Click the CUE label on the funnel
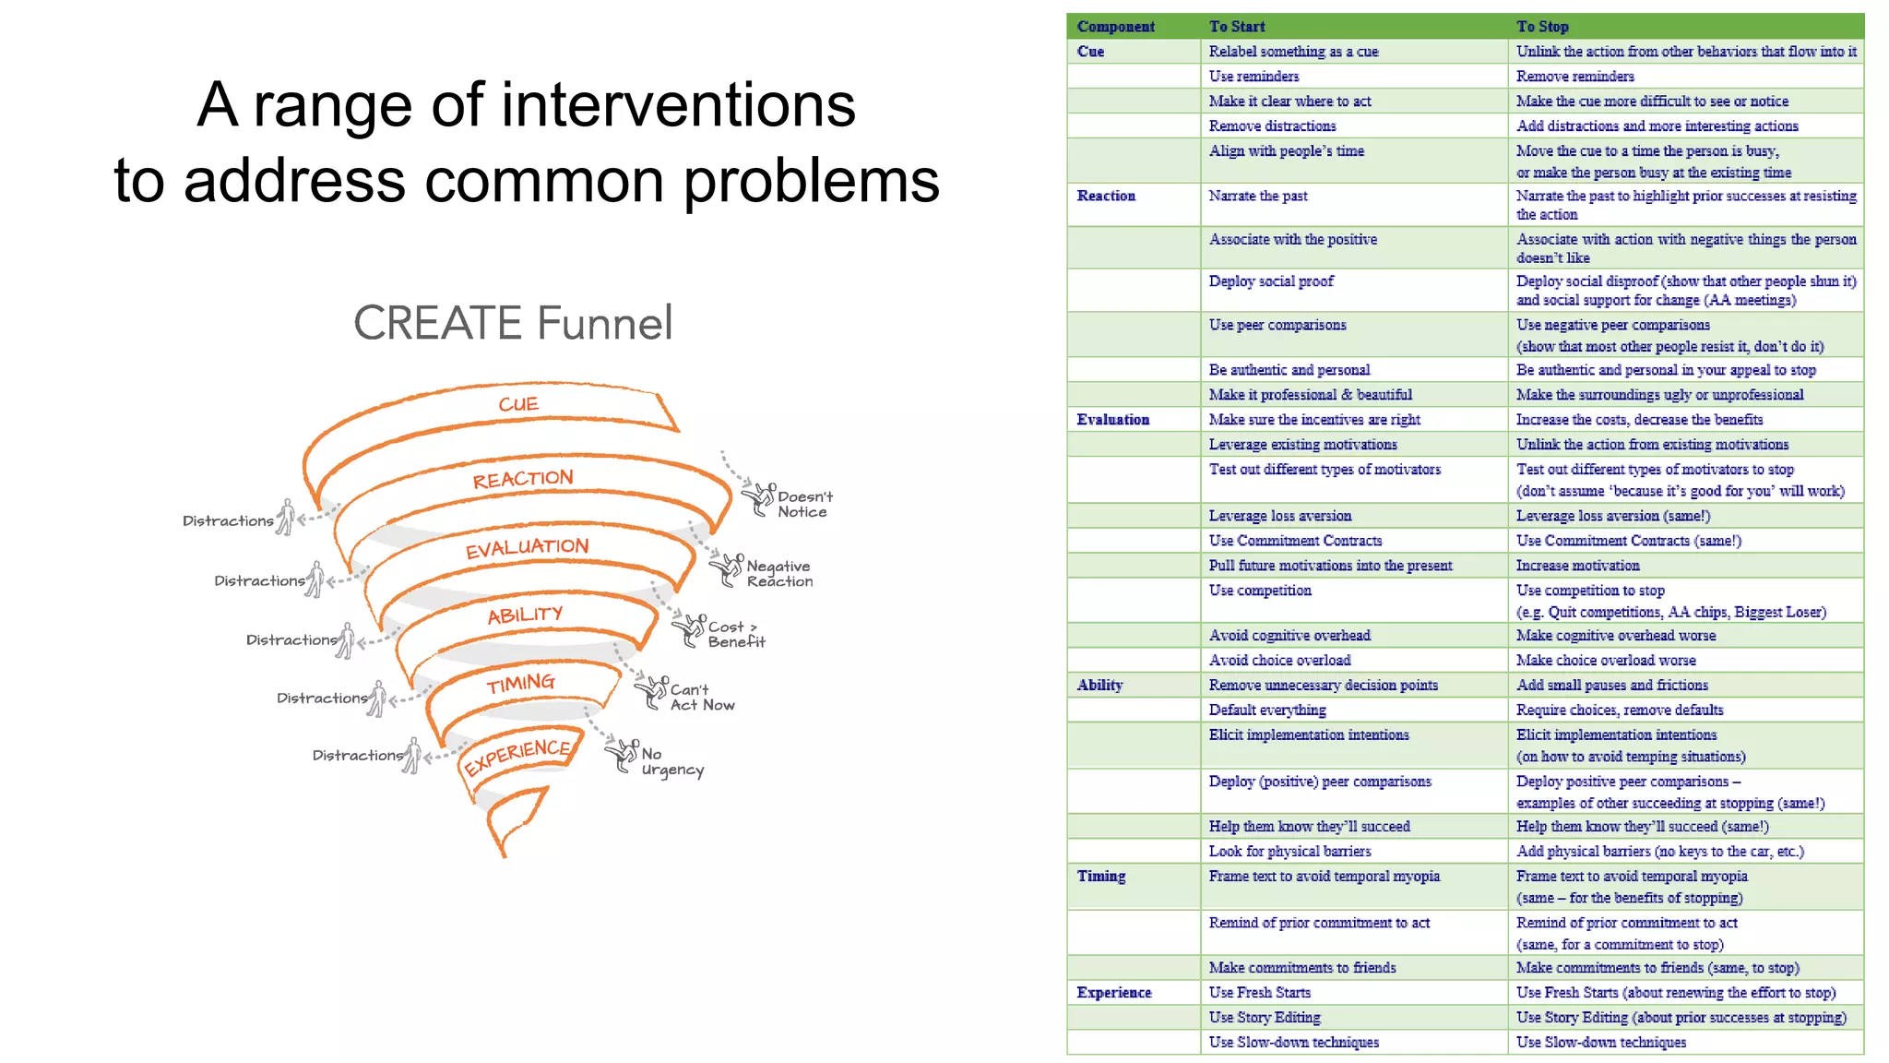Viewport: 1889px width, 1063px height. tap(518, 404)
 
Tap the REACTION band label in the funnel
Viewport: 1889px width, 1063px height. tap(523, 479)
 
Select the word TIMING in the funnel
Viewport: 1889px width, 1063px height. tap(521, 683)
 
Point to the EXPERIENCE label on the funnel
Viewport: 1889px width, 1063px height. tap(517, 756)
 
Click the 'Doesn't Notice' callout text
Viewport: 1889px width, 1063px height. tap(803, 504)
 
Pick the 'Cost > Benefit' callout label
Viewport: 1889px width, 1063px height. tap(735, 634)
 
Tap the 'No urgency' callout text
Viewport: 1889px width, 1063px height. tap(671, 761)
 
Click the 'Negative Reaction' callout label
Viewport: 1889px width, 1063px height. tap(778, 573)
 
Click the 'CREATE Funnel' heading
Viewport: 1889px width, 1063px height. tap(513, 323)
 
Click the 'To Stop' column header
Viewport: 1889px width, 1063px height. tap(1542, 27)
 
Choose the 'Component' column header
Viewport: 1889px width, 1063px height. tap(1115, 27)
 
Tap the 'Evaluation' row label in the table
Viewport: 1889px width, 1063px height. tap(1112, 420)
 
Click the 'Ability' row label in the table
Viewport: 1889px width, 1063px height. tap(1099, 685)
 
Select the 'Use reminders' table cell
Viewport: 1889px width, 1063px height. tap(1253, 77)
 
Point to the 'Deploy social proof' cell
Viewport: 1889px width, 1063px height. tap(1271, 281)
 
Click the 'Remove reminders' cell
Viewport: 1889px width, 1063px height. tap(1574, 77)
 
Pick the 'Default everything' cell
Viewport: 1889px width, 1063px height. tap(1267, 710)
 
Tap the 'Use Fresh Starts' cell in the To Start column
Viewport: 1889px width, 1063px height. tap(1259, 992)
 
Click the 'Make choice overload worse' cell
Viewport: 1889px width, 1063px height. tap(1606, 660)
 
